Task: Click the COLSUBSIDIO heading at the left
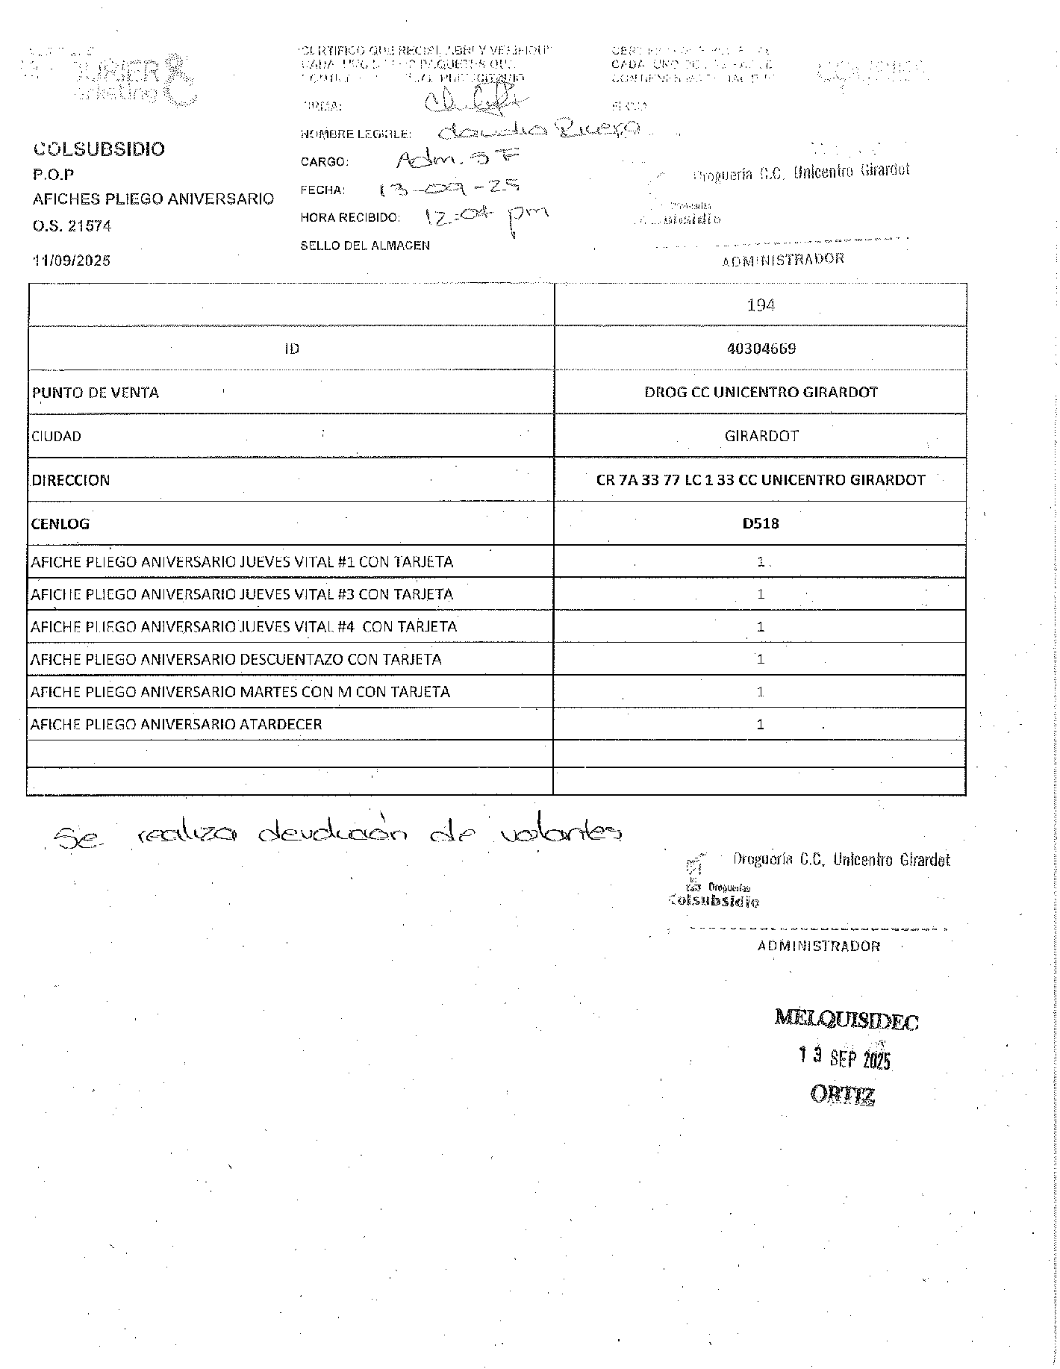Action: click(99, 149)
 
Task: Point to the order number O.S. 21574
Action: click(72, 226)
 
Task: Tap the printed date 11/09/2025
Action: click(72, 261)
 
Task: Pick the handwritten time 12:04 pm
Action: click(485, 217)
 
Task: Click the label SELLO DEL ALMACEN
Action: click(364, 246)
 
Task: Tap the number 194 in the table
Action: click(760, 305)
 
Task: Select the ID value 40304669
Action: click(761, 349)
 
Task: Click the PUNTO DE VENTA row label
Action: click(96, 393)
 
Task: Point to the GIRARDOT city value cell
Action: click(761, 436)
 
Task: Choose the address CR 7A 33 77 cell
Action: click(761, 480)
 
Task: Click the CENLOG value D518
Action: click(761, 524)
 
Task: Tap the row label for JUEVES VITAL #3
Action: click(242, 595)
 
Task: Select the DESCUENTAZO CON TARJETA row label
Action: click(236, 660)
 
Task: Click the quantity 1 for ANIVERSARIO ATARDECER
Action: click(761, 724)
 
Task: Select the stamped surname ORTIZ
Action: click(843, 1094)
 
